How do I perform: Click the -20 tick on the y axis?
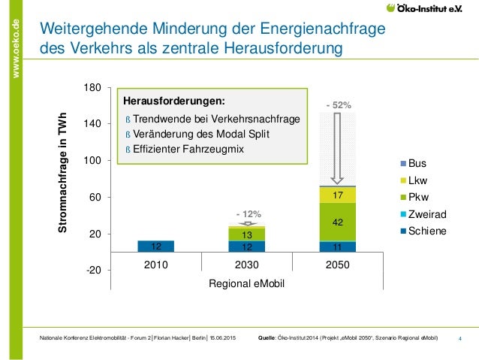(x=93, y=270)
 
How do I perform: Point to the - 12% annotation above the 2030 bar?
(x=247, y=214)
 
